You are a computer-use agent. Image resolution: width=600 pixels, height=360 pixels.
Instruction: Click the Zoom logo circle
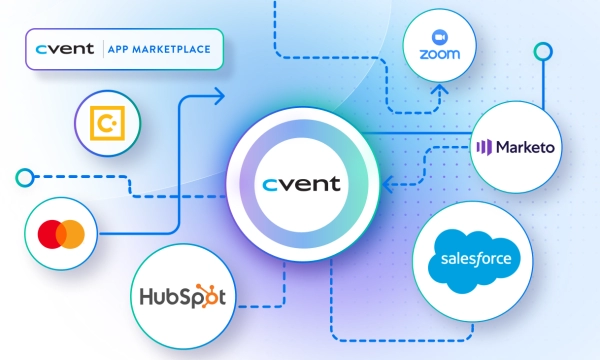(439, 46)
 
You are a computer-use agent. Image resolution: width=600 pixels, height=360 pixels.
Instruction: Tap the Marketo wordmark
(525, 147)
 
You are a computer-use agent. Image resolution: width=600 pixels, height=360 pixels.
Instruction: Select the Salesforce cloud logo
(474, 261)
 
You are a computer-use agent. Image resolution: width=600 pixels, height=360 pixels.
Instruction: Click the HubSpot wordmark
(183, 296)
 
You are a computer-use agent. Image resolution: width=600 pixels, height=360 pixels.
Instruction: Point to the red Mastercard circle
(52, 234)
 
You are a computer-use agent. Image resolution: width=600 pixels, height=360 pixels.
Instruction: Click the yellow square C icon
(107, 123)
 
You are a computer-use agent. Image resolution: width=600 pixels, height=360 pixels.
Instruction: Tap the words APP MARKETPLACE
(159, 49)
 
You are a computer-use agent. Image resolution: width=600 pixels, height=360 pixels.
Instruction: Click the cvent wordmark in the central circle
(301, 184)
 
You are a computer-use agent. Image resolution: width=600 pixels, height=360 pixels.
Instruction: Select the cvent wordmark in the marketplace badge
(65, 49)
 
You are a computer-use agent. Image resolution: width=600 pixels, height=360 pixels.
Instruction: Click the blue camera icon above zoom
(440, 37)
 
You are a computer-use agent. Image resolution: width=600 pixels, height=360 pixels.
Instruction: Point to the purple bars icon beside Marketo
(484, 147)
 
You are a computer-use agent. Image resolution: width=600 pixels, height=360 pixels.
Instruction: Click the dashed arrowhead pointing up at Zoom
(440, 90)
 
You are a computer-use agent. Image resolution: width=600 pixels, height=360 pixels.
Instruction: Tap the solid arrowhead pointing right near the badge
(219, 96)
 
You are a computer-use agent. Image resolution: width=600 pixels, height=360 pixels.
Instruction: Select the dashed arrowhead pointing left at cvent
(387, 184)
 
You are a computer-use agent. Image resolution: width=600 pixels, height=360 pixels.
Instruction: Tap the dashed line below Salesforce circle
(402, 340)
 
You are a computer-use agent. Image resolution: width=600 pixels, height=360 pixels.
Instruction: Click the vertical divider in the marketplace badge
(103, 49)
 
